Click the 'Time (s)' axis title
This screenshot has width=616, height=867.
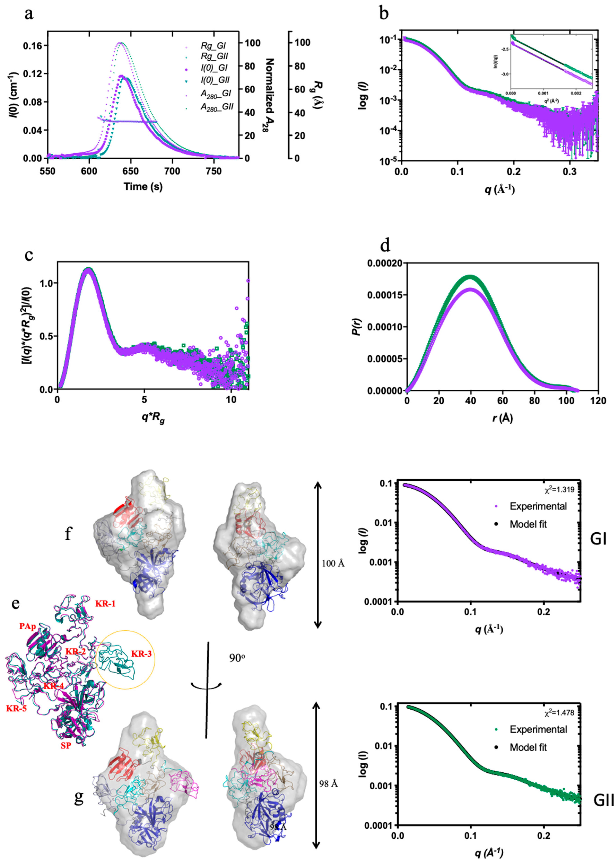[143, 187]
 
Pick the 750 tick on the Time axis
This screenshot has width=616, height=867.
[213, 171]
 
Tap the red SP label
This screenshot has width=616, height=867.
[66, 746]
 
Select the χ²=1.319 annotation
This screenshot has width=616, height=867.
[558, 489]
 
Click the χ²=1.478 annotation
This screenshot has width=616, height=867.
[558, 713]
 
